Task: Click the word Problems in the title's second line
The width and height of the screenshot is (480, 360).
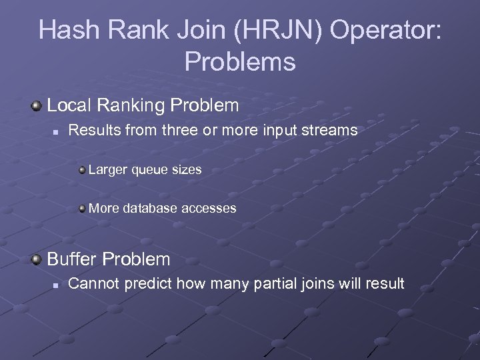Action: tap(240, 61)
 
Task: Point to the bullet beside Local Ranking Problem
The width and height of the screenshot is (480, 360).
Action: tap(37, 106)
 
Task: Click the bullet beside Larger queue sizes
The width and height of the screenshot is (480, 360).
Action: tap(82, 170)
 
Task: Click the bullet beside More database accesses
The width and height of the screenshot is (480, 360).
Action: tap(82, 209)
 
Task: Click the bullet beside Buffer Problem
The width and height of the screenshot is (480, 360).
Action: tap(37, 259)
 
